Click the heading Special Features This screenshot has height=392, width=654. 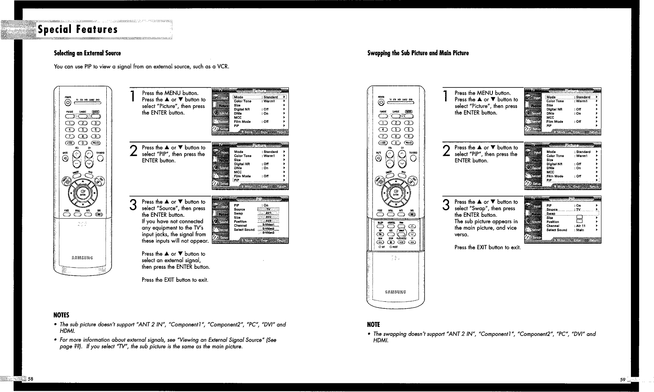point(78,30)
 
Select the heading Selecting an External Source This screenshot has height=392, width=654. point(87,53)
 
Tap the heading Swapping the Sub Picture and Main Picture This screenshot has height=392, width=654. point(418,53)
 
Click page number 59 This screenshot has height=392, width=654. point(622,379)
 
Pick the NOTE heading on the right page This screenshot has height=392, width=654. point(374,324)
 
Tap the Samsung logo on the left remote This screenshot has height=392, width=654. point(82,258)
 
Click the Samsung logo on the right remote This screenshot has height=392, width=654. point(395,292)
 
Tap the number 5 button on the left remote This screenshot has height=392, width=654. point(83,129)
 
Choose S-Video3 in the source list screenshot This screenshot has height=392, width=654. point(269,233)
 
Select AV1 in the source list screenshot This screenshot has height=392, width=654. point(268,213)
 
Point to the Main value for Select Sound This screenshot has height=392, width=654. point(580,230)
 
